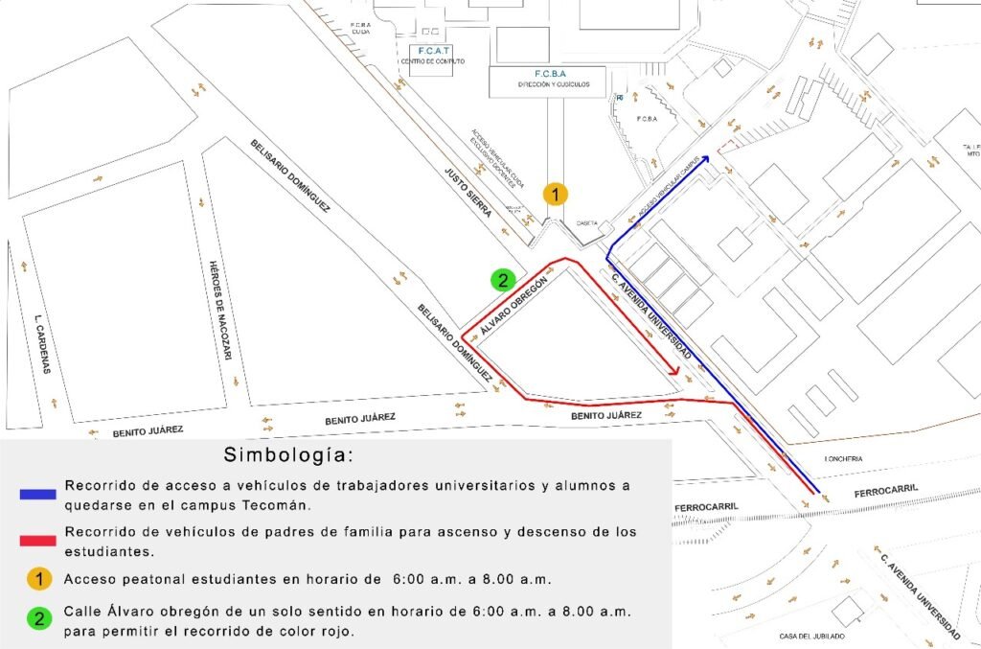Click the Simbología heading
point(288,453)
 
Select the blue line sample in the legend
point(38,495)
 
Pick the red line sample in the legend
point(38,541)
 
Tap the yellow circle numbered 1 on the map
point(556,194)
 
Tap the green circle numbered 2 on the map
point(501,280)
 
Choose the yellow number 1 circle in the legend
point(38,579)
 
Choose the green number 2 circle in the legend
point(38,618)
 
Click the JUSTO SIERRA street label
point(468,192)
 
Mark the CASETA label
point(587,222)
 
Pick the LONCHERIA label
point(843,459)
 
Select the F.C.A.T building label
point(434,50)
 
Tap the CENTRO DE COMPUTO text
point(433,61)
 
